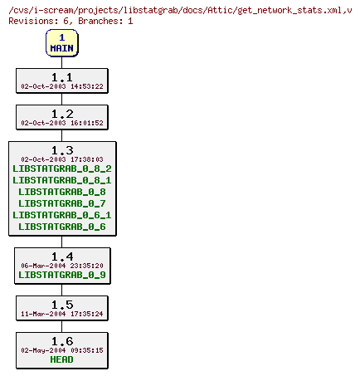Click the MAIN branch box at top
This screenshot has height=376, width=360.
click(61, 42)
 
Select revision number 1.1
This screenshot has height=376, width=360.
click(62, 76)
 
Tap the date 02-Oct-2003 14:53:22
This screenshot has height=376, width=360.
click(62, 86)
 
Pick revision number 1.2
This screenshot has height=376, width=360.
click(62, 113)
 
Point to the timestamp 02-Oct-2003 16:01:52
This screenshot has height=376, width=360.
click(62, 123)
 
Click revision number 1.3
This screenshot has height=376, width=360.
click(62, 150)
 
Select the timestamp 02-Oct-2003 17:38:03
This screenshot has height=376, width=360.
click(62, 159)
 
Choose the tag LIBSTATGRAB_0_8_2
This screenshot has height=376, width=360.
click(62, 168)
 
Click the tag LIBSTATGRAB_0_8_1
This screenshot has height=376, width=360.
click(62, 180)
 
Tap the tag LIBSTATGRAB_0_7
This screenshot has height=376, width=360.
click(62, 203)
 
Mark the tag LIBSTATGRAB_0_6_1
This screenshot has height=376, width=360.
click(62, 215)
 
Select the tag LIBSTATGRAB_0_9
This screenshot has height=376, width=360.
click(62, 275)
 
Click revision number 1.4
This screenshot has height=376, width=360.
click(62, 256)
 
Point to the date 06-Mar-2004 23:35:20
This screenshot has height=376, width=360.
click(62, 266)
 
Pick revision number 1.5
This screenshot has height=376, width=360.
click(62, 304)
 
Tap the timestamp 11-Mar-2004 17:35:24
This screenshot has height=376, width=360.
click(62, 314)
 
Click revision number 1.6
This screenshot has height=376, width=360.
click(62, 340)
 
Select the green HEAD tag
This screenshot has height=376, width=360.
click(62, 359)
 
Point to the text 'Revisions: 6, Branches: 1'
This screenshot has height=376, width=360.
click(71, 20)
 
